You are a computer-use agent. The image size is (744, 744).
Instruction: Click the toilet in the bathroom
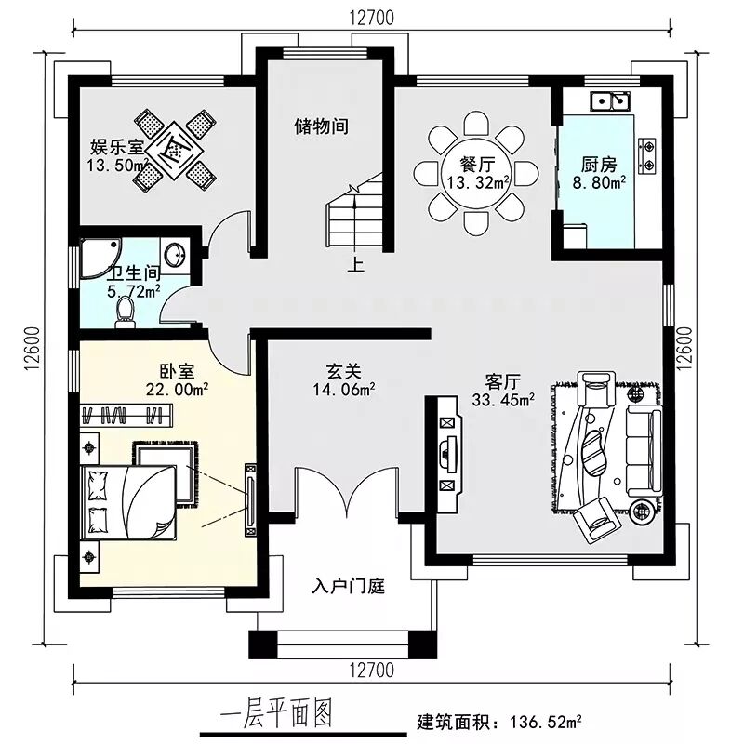pyautogui.click(x=126, y=312)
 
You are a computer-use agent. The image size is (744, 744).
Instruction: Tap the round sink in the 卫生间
pyautogui.click(x=176, y=255)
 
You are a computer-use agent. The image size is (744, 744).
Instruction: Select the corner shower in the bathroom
pyautogui.click(x=100, y=259)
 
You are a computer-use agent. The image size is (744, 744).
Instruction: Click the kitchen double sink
pyautogui.click(x=611, y=101)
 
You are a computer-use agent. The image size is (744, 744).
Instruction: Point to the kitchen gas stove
pyautogui.click(x=647, y=154)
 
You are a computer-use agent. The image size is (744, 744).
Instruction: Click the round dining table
pyautogui.click(x=476, y=173)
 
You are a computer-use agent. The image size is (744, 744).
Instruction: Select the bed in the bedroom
pyautogui.click(x=129, y=502)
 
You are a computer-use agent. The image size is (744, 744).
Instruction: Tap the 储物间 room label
pyautogui.click(x=321, y=126)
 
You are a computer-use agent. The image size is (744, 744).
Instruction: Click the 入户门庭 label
pyautogui.click(x=348, y=587)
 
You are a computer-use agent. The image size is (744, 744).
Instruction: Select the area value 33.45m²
pyautogui.click(x=503, y=400)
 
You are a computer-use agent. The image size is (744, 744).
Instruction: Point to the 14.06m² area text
pyautogui.click(x=344, y=390)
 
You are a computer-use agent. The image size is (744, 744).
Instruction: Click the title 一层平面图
pyautogui.click(x=276, y=714)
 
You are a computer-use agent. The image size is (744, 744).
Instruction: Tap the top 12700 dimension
pyautogui.click(x=372, y=18)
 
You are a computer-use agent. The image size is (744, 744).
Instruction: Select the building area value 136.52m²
pyautogui.click(x=546, y=723)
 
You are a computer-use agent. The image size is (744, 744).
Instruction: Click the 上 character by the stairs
pyautogui.click(x=356, y=264)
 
